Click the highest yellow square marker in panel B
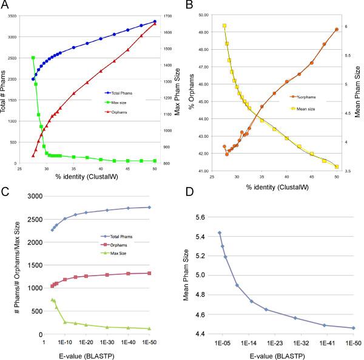point(224,26)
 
